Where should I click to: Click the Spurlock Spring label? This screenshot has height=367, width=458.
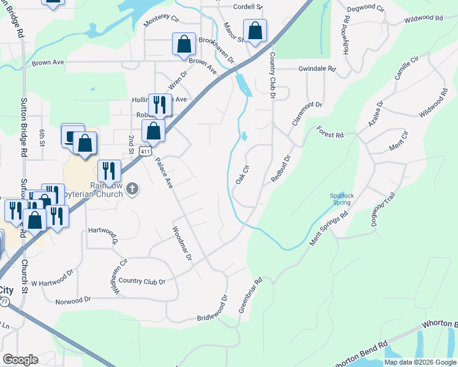tap(341, 199)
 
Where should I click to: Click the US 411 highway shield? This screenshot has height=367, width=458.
tap(145, 151)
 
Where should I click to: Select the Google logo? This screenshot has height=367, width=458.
tap(20, 360)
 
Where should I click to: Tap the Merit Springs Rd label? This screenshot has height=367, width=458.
tap(328, 229)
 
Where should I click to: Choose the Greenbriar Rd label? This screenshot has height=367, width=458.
tap(250, 295)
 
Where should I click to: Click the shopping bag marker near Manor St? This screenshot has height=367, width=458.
tap(255, 30)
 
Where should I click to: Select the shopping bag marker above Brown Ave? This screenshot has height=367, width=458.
tap(184, 44)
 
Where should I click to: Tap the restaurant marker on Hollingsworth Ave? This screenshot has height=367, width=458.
tap(160, 105)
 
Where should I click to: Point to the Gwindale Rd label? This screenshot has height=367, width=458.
tap(317, 69)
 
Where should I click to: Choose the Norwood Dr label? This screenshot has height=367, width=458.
tap(73, 300)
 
